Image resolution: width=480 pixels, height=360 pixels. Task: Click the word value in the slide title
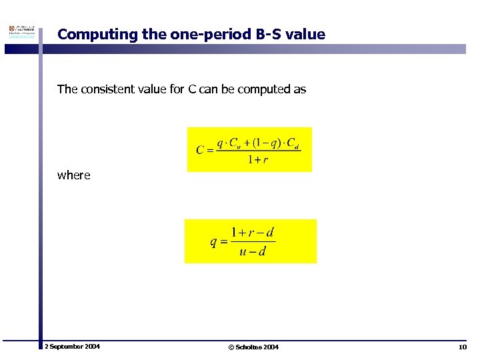click(x=309, y=34)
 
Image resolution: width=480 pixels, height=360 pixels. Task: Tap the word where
click(x=73, y=175)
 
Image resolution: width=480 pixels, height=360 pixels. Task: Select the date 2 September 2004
click(x=72, y=347)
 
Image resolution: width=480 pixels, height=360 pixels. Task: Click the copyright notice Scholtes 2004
click(x=253, y=347)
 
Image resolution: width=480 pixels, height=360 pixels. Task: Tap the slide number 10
click(x=463, y=347)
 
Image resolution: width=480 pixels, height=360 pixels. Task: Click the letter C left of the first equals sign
click(x=200, y=150)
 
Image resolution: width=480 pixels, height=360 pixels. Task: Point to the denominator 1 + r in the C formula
click(x=257, y=160)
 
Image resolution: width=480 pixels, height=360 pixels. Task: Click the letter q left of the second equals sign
click(x=213, y=241)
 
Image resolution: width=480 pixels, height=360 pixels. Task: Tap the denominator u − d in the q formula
click(x=252, y=251)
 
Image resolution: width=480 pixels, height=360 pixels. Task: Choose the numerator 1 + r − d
click(x=252, y=233)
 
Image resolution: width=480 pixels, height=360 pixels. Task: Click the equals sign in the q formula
click(x=223, y=242)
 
